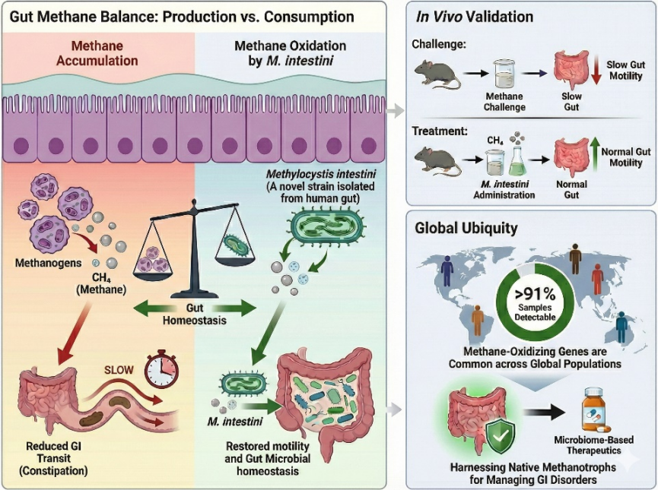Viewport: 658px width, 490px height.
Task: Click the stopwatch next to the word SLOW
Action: pos(161,368)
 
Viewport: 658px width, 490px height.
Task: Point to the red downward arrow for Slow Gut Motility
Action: pos(596,74)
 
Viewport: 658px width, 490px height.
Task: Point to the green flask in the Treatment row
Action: pos(517,162)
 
